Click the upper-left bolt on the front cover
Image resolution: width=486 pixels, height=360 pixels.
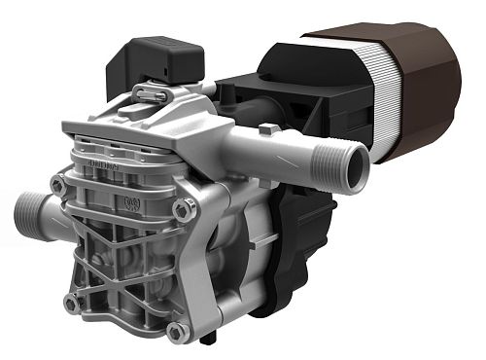[59, 183]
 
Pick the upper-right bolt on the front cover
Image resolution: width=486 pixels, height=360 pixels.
[180, 207]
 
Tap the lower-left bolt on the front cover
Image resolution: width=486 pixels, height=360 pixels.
[71, 303]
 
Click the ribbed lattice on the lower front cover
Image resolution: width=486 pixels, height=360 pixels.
[121, 272]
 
